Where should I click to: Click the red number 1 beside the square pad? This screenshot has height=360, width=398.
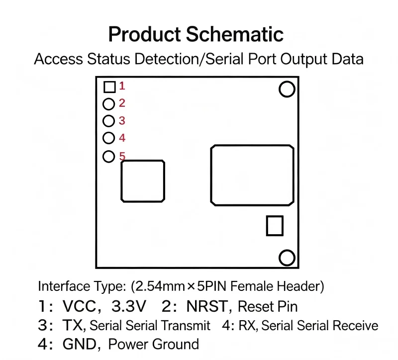[122, 86]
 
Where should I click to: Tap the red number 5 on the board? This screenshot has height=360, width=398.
[122, 156]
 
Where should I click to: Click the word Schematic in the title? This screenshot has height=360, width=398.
[235, 34]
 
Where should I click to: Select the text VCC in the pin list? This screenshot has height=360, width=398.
[80, 306]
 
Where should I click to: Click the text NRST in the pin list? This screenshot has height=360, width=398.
[207, 306]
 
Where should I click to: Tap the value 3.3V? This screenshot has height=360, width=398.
[129, 306]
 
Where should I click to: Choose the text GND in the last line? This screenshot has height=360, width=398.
[80, 344]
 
